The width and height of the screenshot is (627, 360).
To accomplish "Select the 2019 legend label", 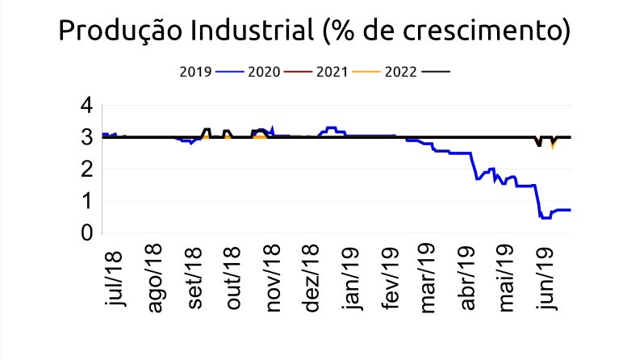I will click(194, 71).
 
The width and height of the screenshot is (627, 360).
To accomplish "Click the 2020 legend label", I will click(264, 71).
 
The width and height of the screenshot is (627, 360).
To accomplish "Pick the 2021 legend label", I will click(332, 71).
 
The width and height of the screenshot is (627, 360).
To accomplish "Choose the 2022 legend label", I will click(401, 71).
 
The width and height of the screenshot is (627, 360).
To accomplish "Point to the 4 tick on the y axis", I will click(86, 106).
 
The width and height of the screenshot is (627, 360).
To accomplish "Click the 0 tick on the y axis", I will click(86, 233).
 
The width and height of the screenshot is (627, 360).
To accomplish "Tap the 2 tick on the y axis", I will click(86, 170).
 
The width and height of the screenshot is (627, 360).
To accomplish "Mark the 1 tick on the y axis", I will click(86, 202).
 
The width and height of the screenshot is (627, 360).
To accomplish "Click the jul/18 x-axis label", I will click(118, 278).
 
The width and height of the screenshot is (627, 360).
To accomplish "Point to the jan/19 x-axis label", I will click(352, 278).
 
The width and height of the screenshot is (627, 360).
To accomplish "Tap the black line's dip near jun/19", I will click(538, 145).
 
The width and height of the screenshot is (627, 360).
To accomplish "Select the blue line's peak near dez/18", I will click(331, 128).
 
